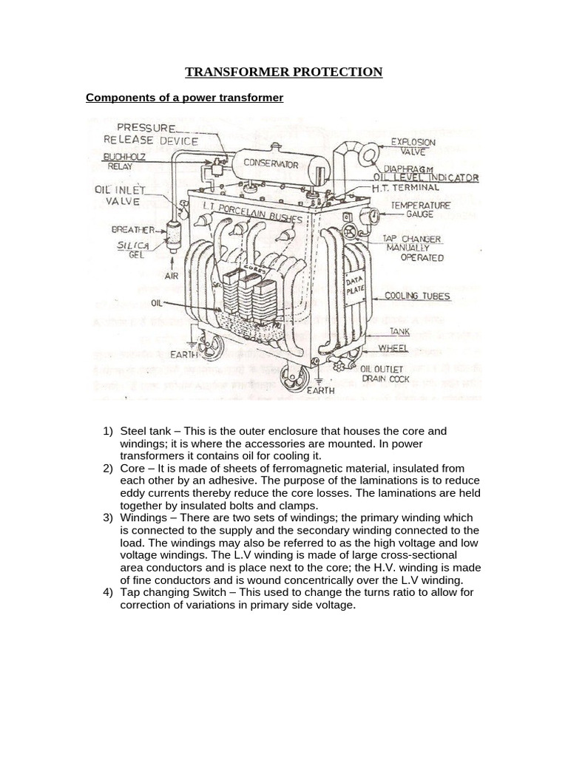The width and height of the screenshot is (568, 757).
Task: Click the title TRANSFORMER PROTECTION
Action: click(x=284, y=72)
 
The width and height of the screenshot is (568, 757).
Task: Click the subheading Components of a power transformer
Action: click(x=185, y=98)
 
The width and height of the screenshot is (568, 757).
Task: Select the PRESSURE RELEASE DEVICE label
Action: click(x=151, y=134)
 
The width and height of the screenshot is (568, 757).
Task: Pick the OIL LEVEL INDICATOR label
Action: click(x=426, y=178)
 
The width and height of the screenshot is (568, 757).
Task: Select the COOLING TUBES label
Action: click(x=417, y=296)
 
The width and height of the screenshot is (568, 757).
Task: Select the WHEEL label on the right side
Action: click(x=393, y=347)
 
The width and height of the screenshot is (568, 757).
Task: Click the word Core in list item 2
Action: click(x=133, y=468)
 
